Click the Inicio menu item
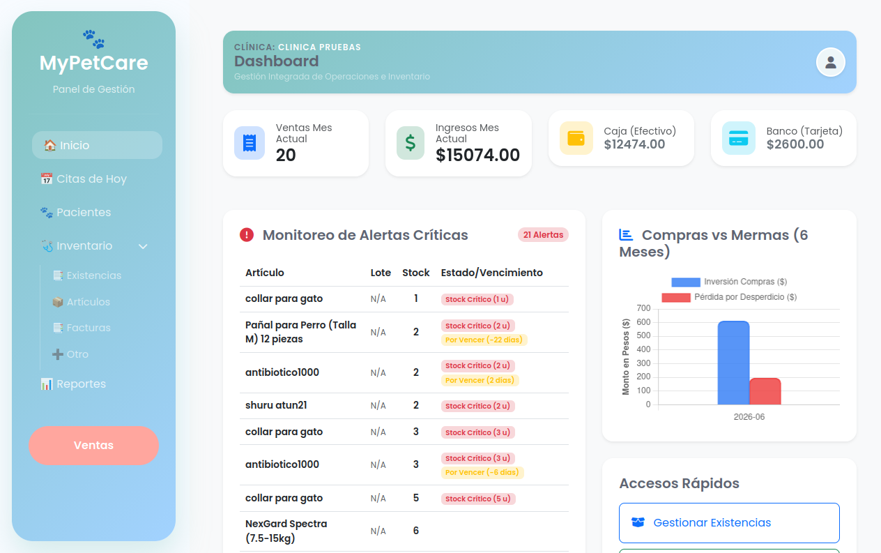(x=97, y=145)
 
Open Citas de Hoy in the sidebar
(x=84, y=179)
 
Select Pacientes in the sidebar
(x=75, y=212)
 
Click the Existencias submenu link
(x=87, y=275)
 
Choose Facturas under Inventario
(x=82, y=328)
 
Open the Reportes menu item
(x=73, y=384)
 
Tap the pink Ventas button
(x=93, y=445)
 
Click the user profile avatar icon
(x=830, y=62)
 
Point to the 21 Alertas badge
(x=543, y=234)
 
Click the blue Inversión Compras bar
(x=733, y=363)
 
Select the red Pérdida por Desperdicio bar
(x=765, y=391)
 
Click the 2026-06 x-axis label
(x=749, y=417)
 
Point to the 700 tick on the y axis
(x=643, y=308)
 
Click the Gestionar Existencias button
(x=729, y=523)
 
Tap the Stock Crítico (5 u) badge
(x=478, y=499)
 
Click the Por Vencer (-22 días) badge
(x=484, y=340)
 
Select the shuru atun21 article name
(x=276, y=405)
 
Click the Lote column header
(x=381, y=273)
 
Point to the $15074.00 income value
(x=477, y=155)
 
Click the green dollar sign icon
(x=411, y=143)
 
